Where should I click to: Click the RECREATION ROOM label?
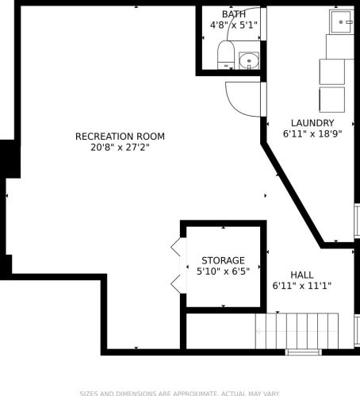[120, 136]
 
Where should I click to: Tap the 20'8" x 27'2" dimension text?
[120, 147]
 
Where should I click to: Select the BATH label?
[234, 14]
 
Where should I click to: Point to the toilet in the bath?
[226, 55]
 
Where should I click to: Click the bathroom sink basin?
[249, 61]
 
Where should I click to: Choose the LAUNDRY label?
[312, 123]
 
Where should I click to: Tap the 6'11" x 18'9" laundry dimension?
[312, 134]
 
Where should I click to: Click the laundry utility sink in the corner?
[342, 21]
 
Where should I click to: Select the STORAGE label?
[223, 260]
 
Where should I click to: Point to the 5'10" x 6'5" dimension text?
[223, 271]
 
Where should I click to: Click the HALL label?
[302, 275]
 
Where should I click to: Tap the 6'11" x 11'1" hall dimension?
[302, 286]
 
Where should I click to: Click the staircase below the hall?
[297, 331]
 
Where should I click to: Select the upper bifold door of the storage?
[176, 247]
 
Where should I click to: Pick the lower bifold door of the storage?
[176, 284]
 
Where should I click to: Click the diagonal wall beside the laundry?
[293, 194]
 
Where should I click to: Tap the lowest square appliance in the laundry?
[332, 100]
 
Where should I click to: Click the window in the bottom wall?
[304, 352]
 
